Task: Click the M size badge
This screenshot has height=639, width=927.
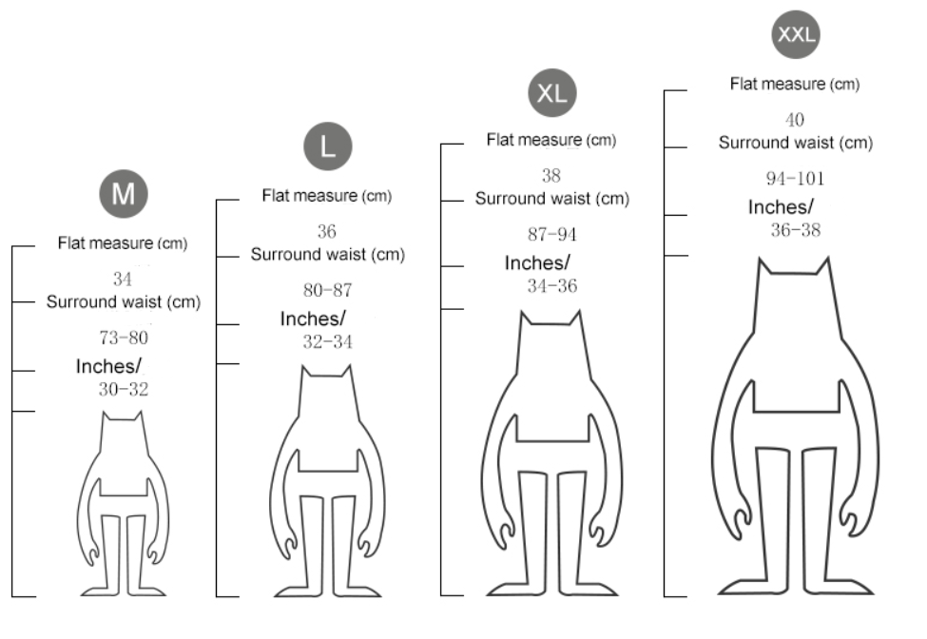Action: pyautogui.click(x=123, y=194)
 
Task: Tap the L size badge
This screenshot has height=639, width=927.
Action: pyautogui.click(x=327, y=146)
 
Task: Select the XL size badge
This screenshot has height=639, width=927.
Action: pyautogui.click(x=552, y=93)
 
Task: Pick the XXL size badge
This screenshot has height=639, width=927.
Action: pyautogui.click(x=796, y=34)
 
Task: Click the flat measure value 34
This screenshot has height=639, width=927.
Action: pyautogui.click(x=123, y=279)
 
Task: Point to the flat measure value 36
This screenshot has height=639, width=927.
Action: pyautogui.click(x=326, y=231)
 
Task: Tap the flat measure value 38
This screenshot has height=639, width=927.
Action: pyautogui.click(x=551, y=176)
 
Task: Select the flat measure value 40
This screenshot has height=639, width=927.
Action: pyautogui.click(x=795, y=120)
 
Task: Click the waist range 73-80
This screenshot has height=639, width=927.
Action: pyautogui.click(x=124, y=339)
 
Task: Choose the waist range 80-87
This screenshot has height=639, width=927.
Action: pyautogui.click(x=327, y=290)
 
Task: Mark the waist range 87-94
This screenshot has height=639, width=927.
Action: pyautogui.click(x=552, y=235)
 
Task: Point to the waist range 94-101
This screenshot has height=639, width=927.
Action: pyautogui.click(x=795, y=179)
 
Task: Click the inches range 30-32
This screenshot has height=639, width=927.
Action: pyautogui.click(x=124, y=390)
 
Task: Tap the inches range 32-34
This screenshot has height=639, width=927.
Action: pyautogui.click(x=327, y=341)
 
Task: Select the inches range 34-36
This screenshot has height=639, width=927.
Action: pyautogui.click(x=552, y=286)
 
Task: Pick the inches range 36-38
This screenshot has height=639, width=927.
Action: pyautogui.click(x=796, y=230)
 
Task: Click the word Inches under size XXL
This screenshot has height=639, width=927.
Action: pyautogui.click(x=781, y=207)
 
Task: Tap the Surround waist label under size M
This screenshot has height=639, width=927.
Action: pyautogui.click(x=124, y=302)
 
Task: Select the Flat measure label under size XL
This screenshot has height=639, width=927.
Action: pyautogui.click(x=551, y=140)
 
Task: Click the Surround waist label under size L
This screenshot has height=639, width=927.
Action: pyautogui.click(x=327, y=255)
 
